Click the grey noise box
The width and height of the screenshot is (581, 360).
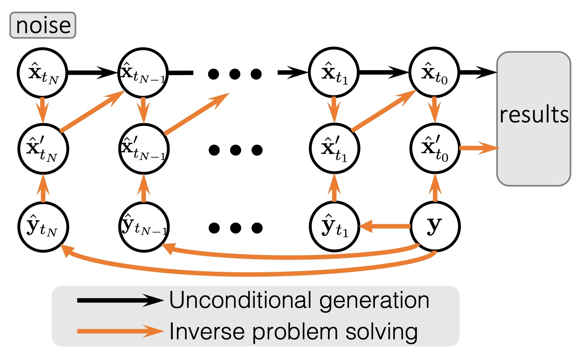[x=43, y=25]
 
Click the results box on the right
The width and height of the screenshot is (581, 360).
[x=534, y=118]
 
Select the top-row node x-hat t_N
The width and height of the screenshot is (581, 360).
[x=43, y=73]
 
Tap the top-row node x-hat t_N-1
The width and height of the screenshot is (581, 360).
[x=143, y=73]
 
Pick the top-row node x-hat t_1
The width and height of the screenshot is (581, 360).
[x=334, y=73]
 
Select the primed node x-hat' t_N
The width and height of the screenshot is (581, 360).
[x=43, y=149]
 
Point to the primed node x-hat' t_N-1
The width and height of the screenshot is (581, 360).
[x=144, y=149]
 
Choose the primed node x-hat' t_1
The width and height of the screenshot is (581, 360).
[x=334, y=149]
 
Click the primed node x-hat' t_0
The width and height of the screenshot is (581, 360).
[x=435, y=148]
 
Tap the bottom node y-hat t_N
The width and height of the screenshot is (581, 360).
[x=43, y=227]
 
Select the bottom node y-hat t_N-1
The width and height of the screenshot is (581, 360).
[x=144, y=227]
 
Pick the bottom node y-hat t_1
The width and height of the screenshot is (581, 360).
[x=334, y=226]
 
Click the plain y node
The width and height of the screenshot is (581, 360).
[x=435, y=226]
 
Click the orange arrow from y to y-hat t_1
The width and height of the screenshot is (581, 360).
[x=385, y=226]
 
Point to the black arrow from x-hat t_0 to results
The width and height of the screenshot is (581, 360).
[x=477, y=73]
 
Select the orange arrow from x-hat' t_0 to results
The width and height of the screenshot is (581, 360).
[x=479, y=148]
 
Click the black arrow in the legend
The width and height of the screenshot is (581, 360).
[x=119, y=300]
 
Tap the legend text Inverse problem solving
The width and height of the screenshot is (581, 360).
[x=293, y=332]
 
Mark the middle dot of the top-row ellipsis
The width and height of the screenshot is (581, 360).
[x=235, y=74]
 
